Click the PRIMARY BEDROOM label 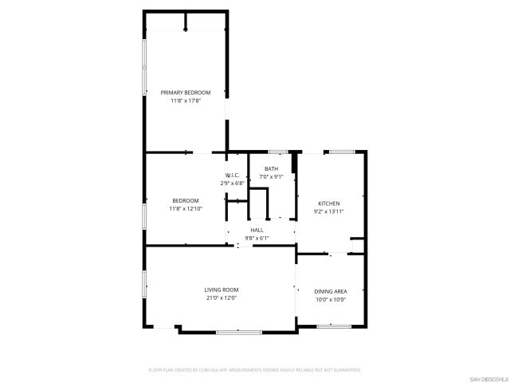point(185,93)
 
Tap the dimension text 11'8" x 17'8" point(185,101)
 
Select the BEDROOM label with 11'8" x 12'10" point(186,200)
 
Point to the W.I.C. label point(232,175)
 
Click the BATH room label point(271,168)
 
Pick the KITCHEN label point(329,203)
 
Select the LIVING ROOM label point(222,290)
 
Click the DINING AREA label point(330,291)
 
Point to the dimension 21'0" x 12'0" point(222,298)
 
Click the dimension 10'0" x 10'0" point(330,299)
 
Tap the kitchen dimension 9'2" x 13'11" point(329,211)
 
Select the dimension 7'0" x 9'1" point(271,176)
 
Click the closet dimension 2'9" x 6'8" point(232,183)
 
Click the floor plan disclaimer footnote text point(254,370)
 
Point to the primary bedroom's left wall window point(144,68)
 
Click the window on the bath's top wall point(278,152)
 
